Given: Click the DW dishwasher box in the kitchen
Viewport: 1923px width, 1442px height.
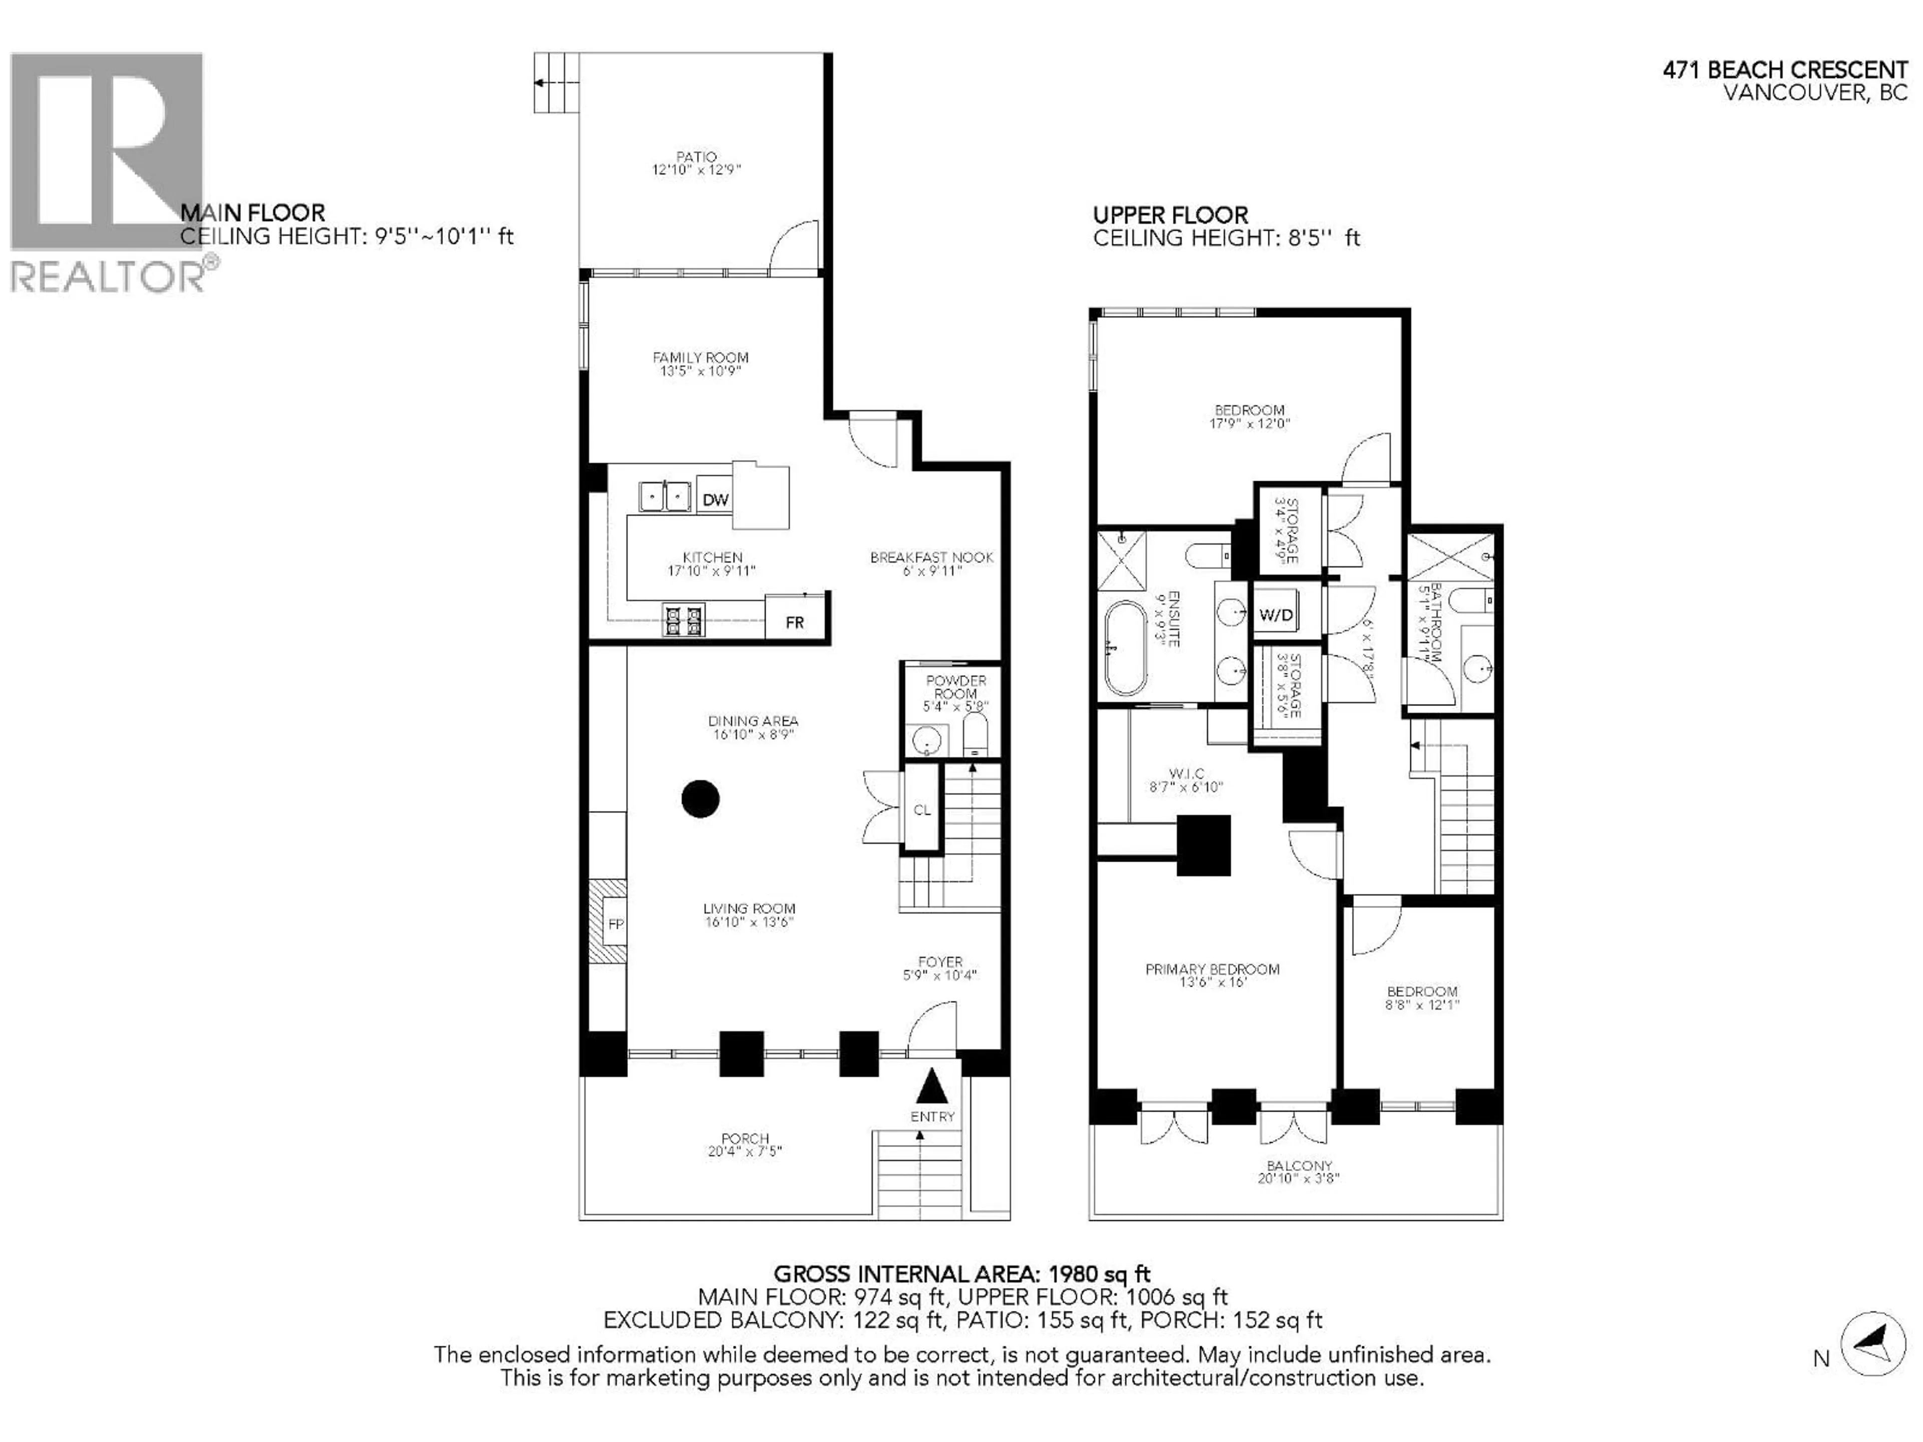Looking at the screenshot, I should (x=716, y=500).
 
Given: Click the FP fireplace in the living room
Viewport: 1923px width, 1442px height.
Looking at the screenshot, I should (x=614, y=924).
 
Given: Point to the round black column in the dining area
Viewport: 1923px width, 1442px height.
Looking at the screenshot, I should (x=700, y=799).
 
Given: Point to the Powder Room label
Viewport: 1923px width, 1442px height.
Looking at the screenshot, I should (x=955, y=686).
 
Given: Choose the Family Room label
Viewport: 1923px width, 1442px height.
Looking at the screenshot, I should (x=700, y=357).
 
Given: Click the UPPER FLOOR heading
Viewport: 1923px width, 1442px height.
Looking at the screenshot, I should (x=1170, y=215).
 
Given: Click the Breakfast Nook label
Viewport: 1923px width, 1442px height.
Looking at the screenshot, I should (x=931, y=557).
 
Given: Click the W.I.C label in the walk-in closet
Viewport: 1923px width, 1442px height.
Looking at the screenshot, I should (x=1186, y=774).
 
